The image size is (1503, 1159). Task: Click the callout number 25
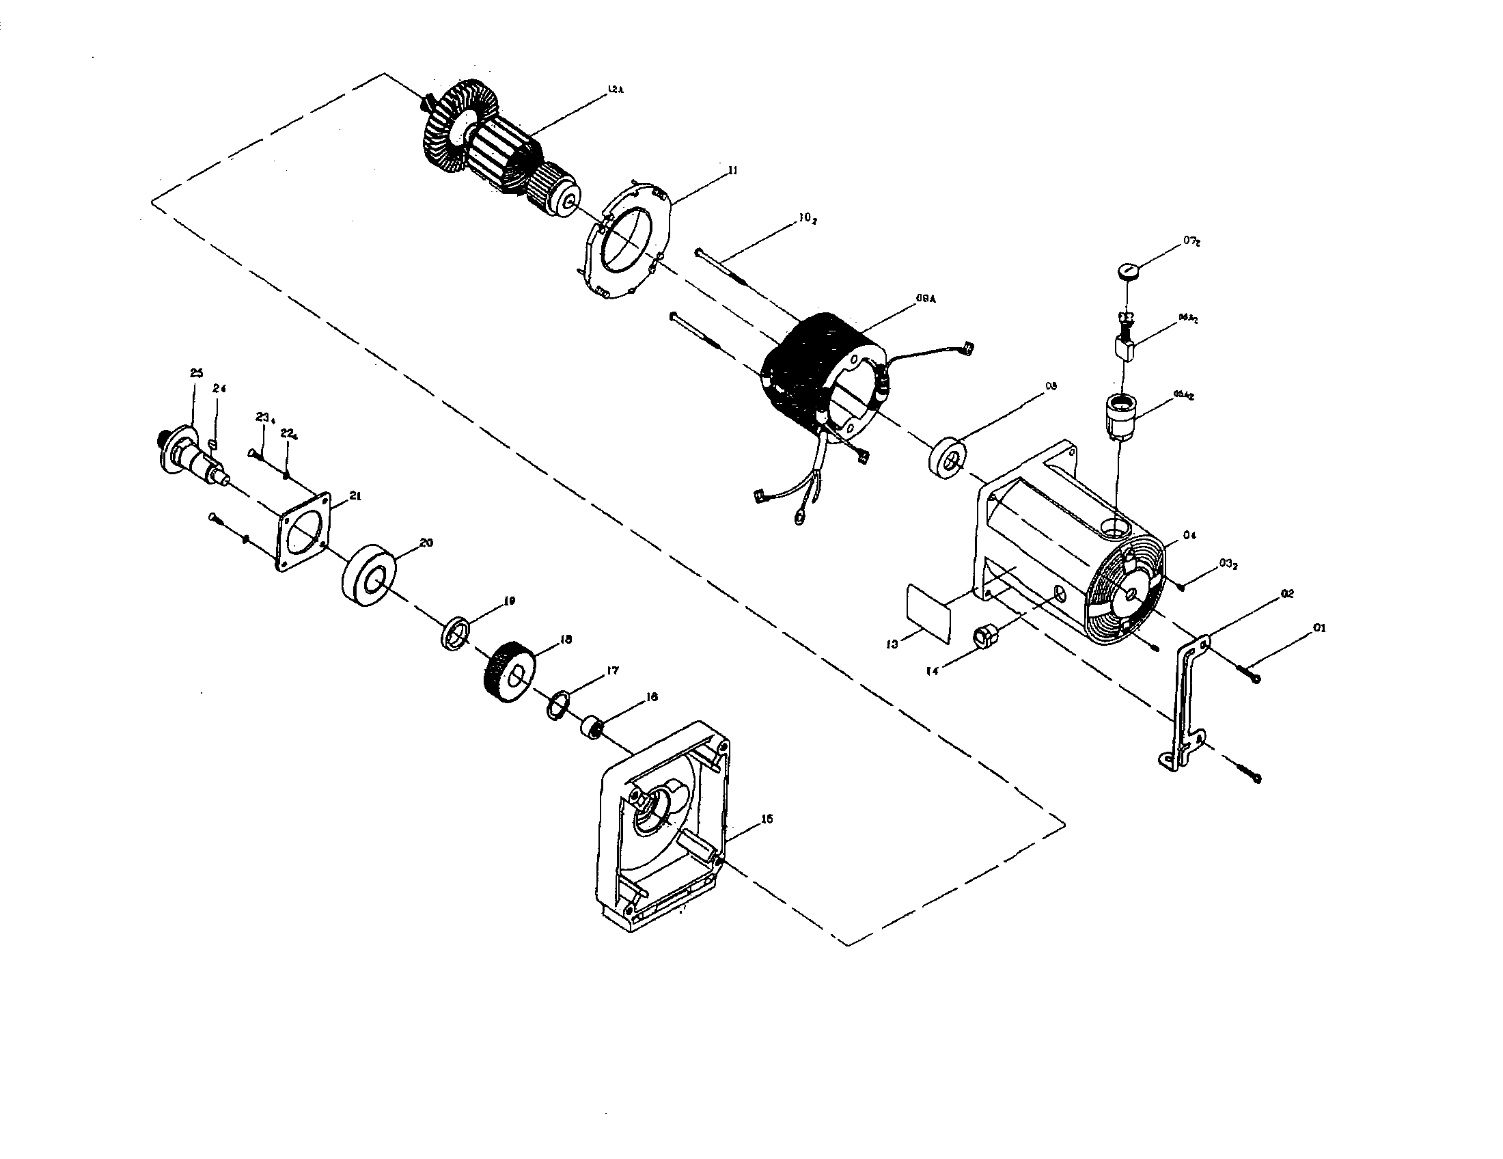click(196, 373)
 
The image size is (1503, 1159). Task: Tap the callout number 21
click(356, 495)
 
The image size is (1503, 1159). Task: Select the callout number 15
click(767, 819)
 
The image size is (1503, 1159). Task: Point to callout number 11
click(733, 170)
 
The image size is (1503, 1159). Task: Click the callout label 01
click(1319, 627)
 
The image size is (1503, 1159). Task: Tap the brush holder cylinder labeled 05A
click(1120, 415)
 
